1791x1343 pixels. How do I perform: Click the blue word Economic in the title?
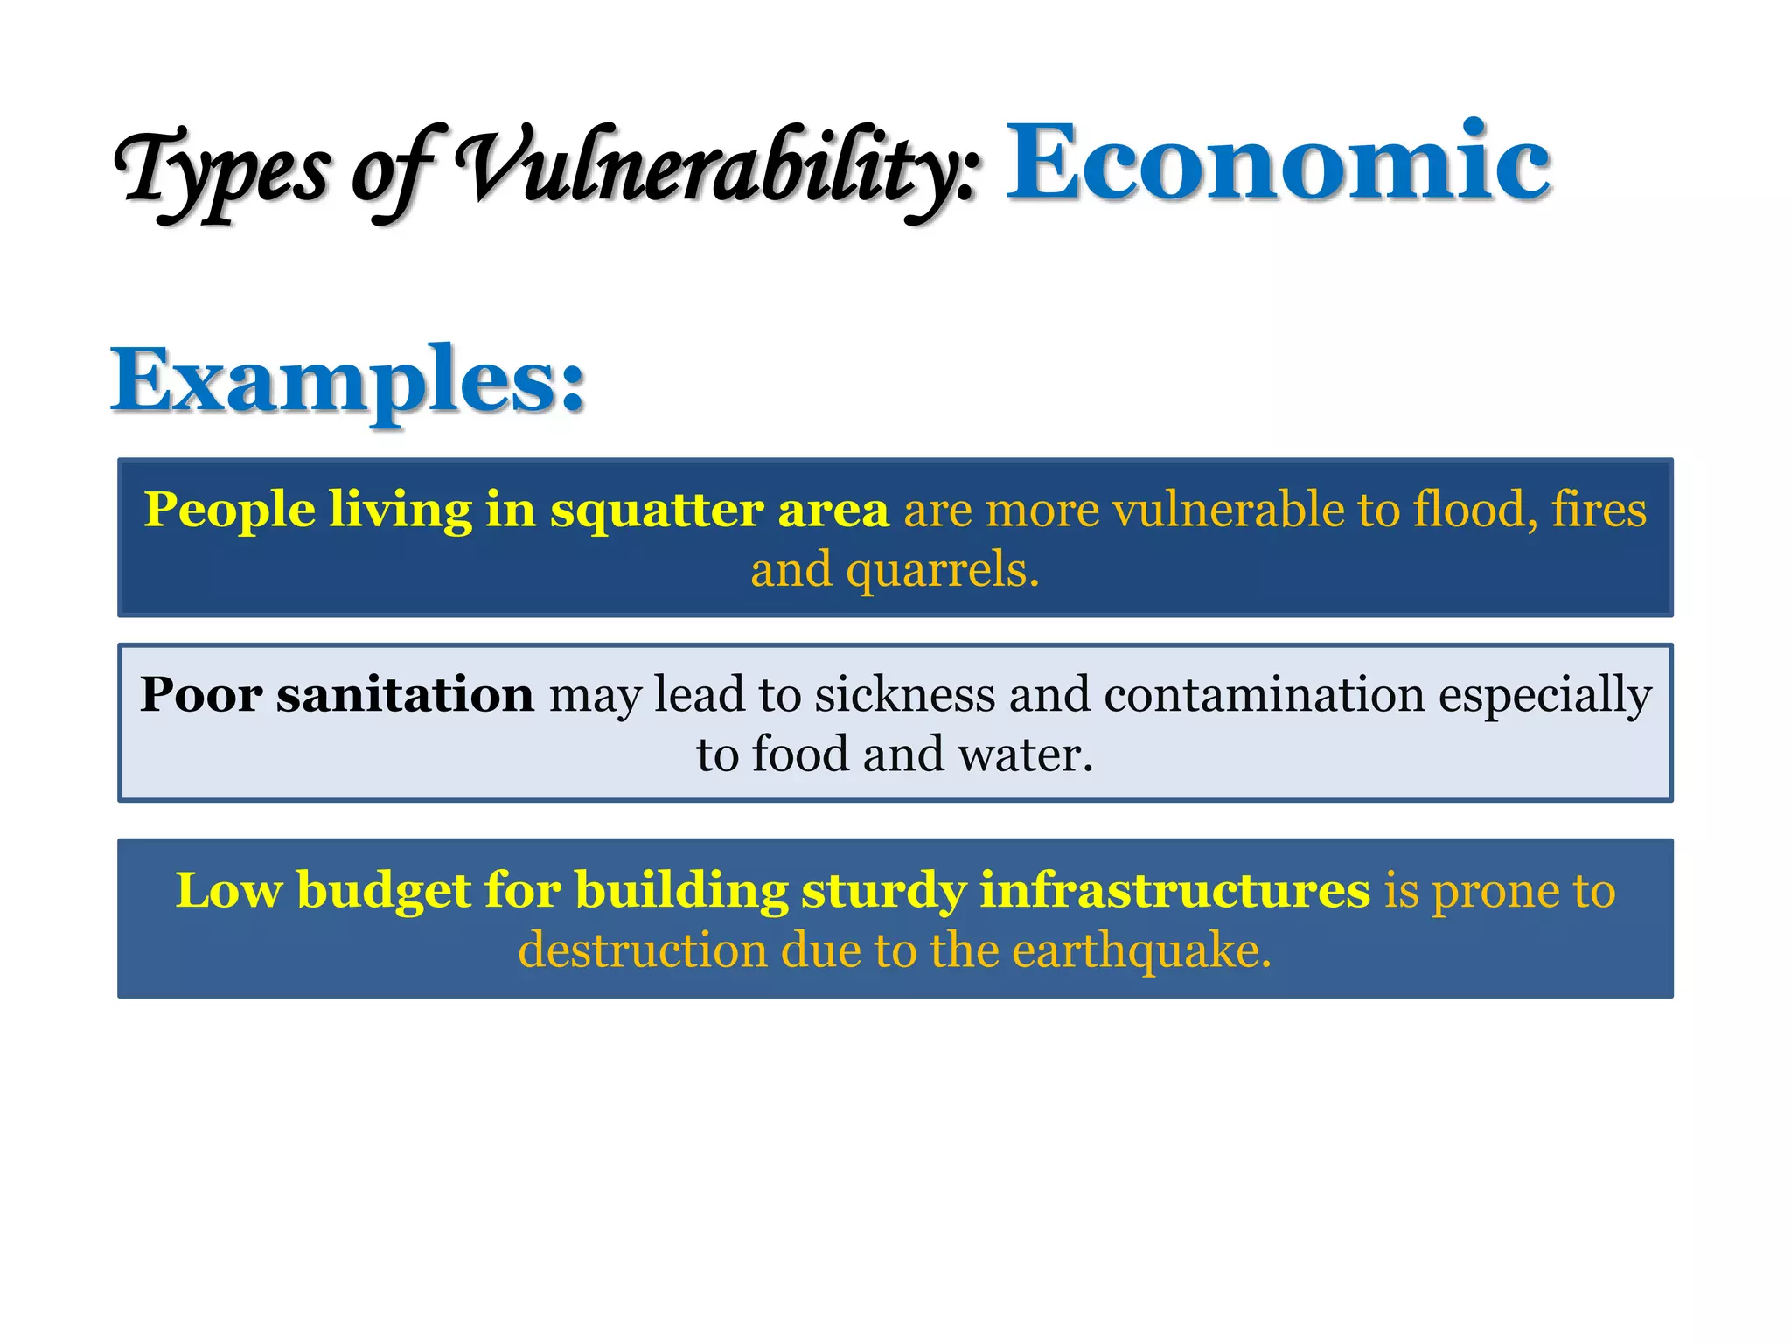click(x=1279, y=163)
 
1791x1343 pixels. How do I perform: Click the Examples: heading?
click(x=348, y=380)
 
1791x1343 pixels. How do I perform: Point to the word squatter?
click(x=656, y=511)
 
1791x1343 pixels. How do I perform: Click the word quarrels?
click(x=942, y=571)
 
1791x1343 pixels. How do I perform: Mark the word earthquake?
click(x=1140, y=951)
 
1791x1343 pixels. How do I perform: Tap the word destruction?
click(x=643, y=950)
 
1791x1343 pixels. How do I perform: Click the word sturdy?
click(x=883, y=892)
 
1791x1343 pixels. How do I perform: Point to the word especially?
click(x=1545, y=696)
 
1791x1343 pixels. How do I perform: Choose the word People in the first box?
click(x=229, y=511)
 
